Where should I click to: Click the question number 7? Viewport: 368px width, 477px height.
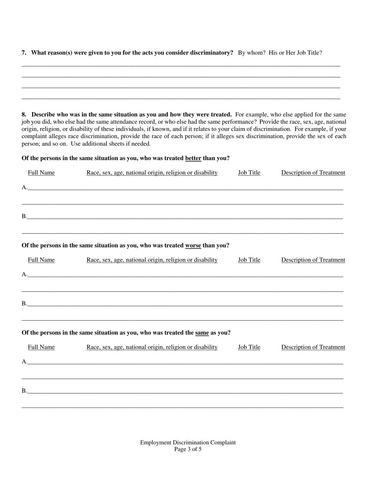coord(24,53)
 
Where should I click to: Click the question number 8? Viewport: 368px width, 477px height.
coord(24,115)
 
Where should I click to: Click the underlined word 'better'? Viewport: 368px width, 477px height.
coord(193,158)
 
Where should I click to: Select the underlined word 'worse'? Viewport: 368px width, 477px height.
coord(193,245)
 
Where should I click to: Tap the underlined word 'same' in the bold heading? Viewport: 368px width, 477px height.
coord(202,333)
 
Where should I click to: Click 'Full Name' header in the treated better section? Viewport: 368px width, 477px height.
coord(41,173)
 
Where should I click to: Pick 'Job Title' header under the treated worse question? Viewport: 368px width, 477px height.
coord(249,260)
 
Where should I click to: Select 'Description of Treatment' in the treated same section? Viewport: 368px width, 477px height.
coord(313,347)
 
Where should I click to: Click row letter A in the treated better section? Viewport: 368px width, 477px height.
coord(24,188)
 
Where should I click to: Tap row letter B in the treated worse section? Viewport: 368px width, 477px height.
coord(24,304)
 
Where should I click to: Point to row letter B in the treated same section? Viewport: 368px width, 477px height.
coord(24,391)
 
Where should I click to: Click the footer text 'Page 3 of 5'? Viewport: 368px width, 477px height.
coord(188,449)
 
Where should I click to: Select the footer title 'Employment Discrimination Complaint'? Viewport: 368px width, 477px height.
coord(188,442)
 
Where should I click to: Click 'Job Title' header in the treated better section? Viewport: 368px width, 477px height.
coord(249,173)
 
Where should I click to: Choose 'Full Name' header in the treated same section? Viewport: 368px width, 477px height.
coord(41,347)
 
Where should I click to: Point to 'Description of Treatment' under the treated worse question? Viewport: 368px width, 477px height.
coord(313,260)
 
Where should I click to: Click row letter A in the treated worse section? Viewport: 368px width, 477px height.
coord(24,275)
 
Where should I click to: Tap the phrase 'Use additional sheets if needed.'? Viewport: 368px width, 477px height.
coord(111,143)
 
